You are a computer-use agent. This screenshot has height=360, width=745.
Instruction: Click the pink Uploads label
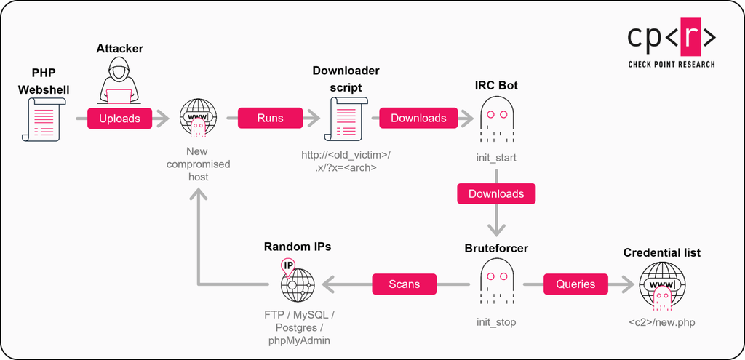point(120,119)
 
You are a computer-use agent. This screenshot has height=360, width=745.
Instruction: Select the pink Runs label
point(270,119)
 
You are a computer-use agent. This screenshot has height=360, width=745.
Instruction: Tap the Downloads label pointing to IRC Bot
point(418,119)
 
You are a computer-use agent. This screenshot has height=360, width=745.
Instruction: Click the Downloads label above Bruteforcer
point(496,193)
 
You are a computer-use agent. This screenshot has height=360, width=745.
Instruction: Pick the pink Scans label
point(405,284)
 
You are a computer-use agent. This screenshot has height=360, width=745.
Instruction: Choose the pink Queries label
point(575,284)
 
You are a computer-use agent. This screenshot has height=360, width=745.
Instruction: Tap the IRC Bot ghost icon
point(496,120)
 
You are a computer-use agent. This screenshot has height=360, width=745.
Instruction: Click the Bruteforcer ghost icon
point(496,281)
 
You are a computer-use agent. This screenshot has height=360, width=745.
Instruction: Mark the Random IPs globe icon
point(296,282)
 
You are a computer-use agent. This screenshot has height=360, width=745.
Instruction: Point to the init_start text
point(496,157)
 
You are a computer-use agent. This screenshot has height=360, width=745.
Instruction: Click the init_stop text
point(496,321)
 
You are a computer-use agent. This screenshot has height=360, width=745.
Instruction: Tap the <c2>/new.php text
point(662,321)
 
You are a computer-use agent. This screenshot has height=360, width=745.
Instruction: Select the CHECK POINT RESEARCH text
point(672,64)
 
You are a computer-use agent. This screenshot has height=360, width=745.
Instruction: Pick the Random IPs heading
point(297,247)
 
